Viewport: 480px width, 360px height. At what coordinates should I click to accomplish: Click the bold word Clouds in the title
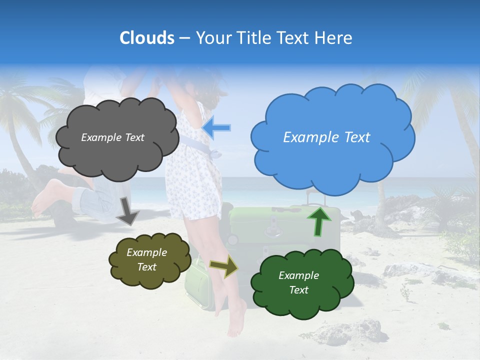coord(147,38)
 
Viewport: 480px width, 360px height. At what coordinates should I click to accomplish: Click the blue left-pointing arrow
coord(217,128)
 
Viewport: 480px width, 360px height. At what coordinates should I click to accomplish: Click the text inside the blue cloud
coord(326,137)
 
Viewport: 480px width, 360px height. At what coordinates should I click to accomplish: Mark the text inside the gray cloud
coord(112,137)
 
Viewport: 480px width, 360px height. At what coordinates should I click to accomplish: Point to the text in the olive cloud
coord(146,260)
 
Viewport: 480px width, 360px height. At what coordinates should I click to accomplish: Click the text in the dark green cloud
coord(298,282)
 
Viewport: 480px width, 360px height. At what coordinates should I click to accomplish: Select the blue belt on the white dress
coord(197,145)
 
